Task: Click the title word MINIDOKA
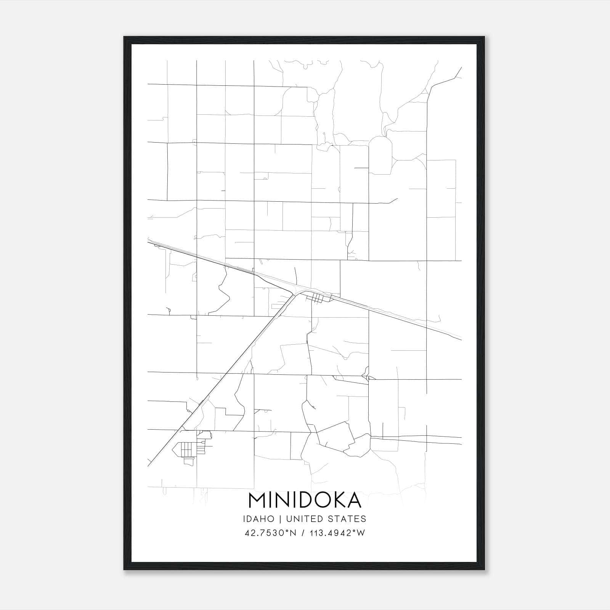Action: click(305, 500)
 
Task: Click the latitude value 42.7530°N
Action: click(271, 533)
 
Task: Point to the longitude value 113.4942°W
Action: click(338, 533)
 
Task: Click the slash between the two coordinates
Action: click(303, 533)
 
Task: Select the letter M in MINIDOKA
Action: click(257, 500)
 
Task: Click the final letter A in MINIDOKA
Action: click(354, 500)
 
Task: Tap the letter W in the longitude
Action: click(361, 533)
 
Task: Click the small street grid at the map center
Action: click(319, 297)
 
